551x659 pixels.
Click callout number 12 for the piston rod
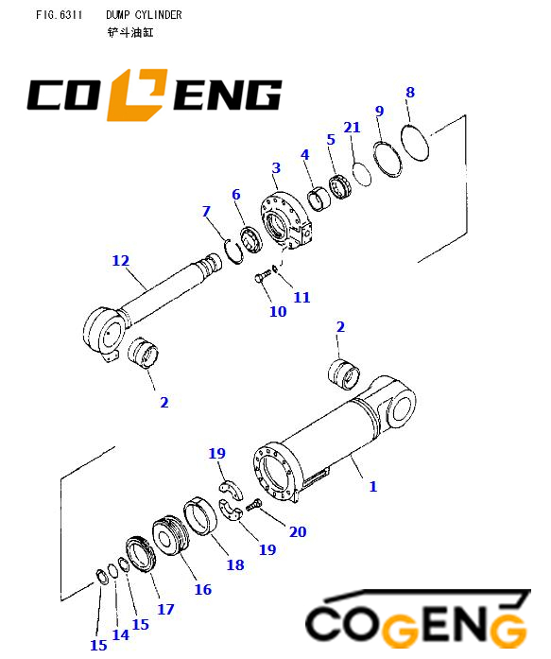coord(121,261)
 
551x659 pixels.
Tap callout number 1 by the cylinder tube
coord(373,486)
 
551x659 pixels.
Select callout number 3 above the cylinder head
coord(276,168)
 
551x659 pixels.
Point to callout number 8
coord(410,93)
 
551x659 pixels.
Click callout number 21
coord(352,128)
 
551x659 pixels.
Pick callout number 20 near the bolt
coord(298,531)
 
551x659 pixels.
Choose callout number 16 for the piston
coord(203,589)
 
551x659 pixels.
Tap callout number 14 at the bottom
coord(121,634)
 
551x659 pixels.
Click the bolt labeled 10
coord(263,276)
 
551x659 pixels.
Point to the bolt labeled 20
coord(253,505)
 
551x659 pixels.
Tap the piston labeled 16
coord(171,535)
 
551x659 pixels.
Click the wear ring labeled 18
coord(200,516)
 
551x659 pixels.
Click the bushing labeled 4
coord(319,199)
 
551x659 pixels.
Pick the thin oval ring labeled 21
coord(362,174)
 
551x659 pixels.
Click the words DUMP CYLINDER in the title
coord(144,15)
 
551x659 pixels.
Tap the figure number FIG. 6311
coord(59,15)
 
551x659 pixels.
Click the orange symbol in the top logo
coord(136,95)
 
